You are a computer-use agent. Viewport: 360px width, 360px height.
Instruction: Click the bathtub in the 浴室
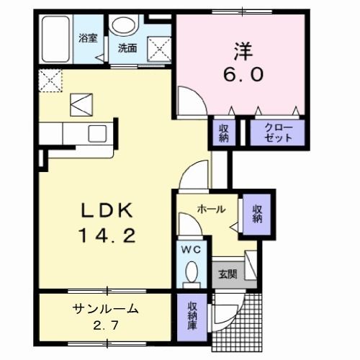(x=55, y=39)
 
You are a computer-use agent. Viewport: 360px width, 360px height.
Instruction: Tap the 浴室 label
(x=88, y=38)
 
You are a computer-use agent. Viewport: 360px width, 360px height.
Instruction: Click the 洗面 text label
(x=127, y=48)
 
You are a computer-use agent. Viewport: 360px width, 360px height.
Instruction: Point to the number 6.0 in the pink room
(x=243, y=74)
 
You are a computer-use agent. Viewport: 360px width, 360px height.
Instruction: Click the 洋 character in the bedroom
(x=243, y=51)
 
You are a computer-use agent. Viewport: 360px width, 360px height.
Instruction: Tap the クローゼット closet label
(x=278, y=133)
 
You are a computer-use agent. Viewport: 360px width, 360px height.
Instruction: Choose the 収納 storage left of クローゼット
(x=224, y=133)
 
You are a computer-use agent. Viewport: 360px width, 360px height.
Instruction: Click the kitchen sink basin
(x=97, y=133)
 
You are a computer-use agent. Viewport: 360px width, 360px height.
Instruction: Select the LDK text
(x=107, y=210)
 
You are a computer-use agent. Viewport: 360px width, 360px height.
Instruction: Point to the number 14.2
(x=107, y=235)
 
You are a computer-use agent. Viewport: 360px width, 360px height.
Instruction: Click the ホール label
(x=211, y=210)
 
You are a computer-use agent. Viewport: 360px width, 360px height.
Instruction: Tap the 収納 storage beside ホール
(x=257, y=214)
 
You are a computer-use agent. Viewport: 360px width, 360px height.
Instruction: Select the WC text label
(x=191, y=250)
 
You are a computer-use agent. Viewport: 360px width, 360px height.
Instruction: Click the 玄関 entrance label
(x=228, y=274)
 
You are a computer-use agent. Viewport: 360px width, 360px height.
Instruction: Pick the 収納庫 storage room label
(x=192, y=316)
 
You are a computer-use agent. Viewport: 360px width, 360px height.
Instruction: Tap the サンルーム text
(x=106, y=309)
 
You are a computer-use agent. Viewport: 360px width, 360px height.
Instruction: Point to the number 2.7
(x=106, y=325)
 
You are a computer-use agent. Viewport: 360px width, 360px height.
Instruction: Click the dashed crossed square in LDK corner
(x=50, y=81)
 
